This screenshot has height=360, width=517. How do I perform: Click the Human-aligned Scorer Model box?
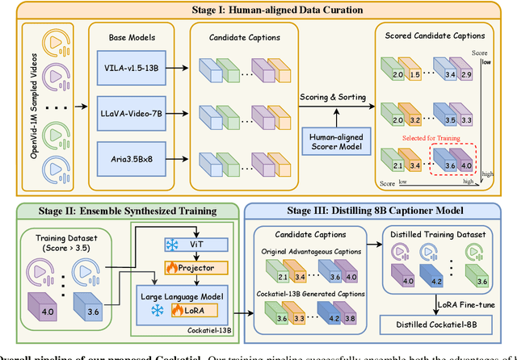tap(334, 142)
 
